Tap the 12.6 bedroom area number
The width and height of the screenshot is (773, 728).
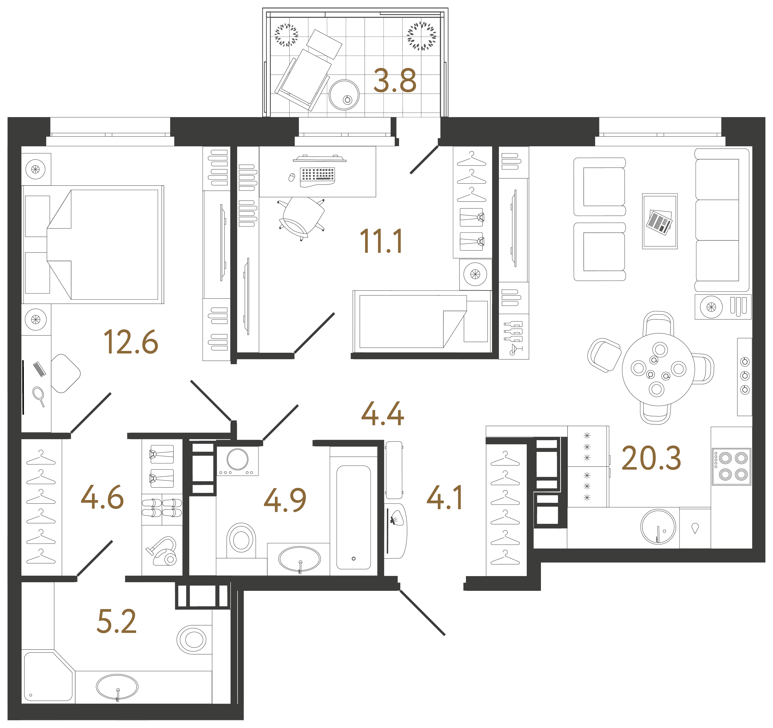point(131,342)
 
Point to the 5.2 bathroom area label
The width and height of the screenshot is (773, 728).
point(117,622)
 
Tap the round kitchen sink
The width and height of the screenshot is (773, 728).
point(658,526)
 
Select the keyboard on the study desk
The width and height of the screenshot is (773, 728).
point(317,175)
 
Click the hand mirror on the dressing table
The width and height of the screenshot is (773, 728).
point(39,396)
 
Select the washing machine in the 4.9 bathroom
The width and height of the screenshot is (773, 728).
point(237,460)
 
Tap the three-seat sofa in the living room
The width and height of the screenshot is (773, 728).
point(721,220)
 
